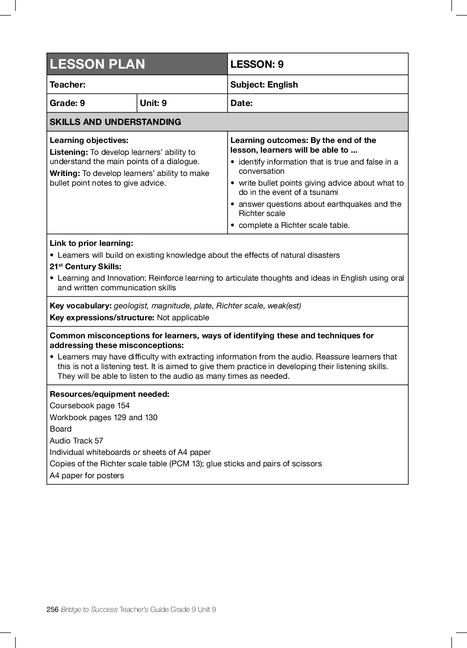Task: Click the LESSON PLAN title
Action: pyautogui.click(x=97, y=64)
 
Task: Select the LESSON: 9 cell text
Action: pyautogui.click(x=257, y=64)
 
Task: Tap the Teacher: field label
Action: pyautogui.click(x=68, y=84)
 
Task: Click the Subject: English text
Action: pyautogui.click(x=264, y=84)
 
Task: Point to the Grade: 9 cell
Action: pyautogui.click(x=67, y=103)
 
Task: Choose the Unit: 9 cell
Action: pyautogui.click(x=153, y=103)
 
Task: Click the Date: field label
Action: pyautogui.click(x=241, y=103)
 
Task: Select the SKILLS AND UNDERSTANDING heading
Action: pyautogui.click(x=115, y=122)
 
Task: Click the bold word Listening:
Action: pyautogui.click(x=69, y=152)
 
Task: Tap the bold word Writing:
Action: pyautogui.click(x=65, y=173)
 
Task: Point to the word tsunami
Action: pyautogui.click(x=324, y=192)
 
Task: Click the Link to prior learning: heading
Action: pyautogui.click(x=91, y=243)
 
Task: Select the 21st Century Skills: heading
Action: pyautogui.click(x=85, y=267)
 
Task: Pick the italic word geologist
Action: pyautogui.click(x=131, y=306)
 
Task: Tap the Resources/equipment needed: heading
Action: pyautogui.click(x=109, y=394)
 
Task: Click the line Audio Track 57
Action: pyautogui.click(x=77, y=441)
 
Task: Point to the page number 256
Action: pyautogui.click(x=52, y=609)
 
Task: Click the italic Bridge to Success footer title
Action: pyautogui.click(x=89, y=609)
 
